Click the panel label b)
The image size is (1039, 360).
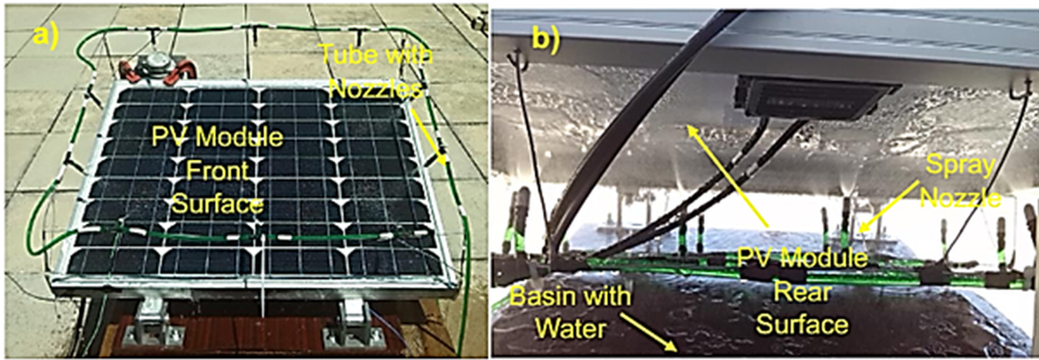(x=546, y=39)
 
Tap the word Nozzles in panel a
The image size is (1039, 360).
(x=378, y=89)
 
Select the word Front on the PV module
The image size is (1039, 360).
(x=217, y=171)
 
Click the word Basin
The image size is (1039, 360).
(x=538, y=296)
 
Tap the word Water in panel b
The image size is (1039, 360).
(x=570, y=328)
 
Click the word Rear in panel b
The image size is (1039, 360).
(x=802, y=292)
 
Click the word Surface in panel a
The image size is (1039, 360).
(x=217, y=205)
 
